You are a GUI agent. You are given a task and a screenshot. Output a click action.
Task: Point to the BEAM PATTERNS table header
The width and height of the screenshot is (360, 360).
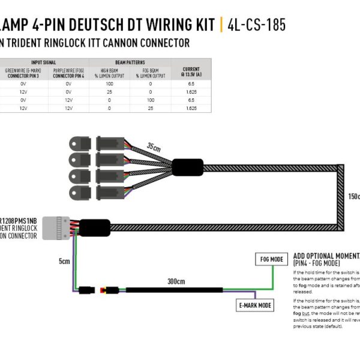pyautogui.click(x=130, y=62)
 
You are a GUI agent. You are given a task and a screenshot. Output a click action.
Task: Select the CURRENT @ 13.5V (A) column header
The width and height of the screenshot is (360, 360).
pyautogui.click(x=191, y=73)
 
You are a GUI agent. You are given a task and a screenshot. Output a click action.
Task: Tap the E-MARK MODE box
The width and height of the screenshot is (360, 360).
pyautogui.click(x=255, y=305)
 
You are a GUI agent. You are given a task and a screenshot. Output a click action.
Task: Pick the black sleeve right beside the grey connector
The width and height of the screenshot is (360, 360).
pyautogui.click(x=95, y=227)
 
